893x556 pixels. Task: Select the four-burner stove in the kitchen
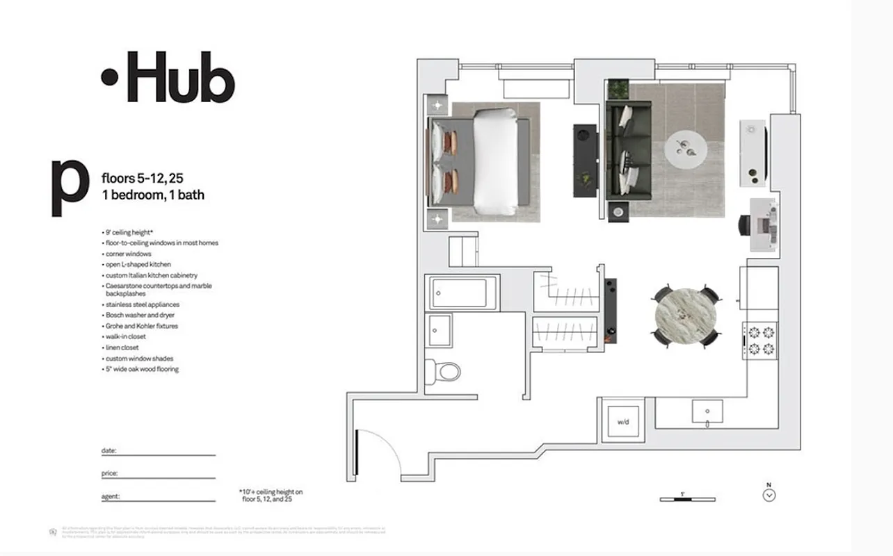point(760,341)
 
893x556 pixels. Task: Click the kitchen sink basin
point(707,411)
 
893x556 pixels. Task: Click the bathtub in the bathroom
point(464,293)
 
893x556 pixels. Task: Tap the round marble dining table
point(686,316)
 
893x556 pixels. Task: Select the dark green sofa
point(629,150)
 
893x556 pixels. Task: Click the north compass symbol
point(769,495)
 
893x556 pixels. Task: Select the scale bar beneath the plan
point(687,498)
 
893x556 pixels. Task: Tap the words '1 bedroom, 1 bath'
point(153,195)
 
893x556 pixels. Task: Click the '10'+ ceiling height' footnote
point(271,496)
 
